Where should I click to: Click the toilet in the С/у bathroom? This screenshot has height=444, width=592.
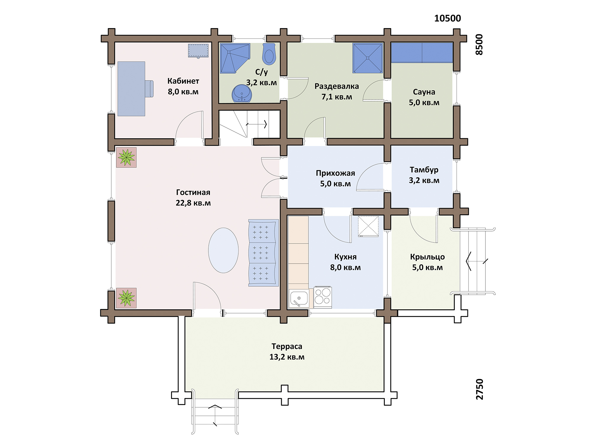[x=269, y=54]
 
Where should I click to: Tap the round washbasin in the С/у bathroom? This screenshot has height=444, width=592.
[x=242, y=93]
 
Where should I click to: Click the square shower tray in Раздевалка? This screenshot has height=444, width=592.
[x=368, y=58]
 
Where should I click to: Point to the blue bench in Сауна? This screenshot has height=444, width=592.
[x=422, y=53]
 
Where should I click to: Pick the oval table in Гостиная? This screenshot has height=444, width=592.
[x=223, y=250]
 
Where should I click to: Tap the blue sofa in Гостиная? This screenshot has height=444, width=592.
[x=263, y=253]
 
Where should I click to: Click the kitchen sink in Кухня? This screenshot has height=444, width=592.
[x=299, y=298]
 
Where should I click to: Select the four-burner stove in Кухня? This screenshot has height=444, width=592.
[x=323, y=297]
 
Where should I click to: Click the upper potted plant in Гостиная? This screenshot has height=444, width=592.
[x=126, y=157]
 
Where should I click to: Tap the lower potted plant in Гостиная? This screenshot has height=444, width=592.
[x=126, y=298]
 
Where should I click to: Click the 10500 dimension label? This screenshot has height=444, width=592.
[x=448, y=18]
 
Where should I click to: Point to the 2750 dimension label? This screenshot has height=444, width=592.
[x=480, y=389]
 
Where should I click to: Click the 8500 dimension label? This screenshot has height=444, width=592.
[x=479, y=45]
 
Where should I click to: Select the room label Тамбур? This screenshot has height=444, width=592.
[x=424, y=170]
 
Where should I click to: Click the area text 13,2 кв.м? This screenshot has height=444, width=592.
[x=287, y=357]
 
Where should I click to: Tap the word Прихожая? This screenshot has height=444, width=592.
[x=335, y=173]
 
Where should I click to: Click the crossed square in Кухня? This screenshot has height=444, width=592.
[x=368, y=226]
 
